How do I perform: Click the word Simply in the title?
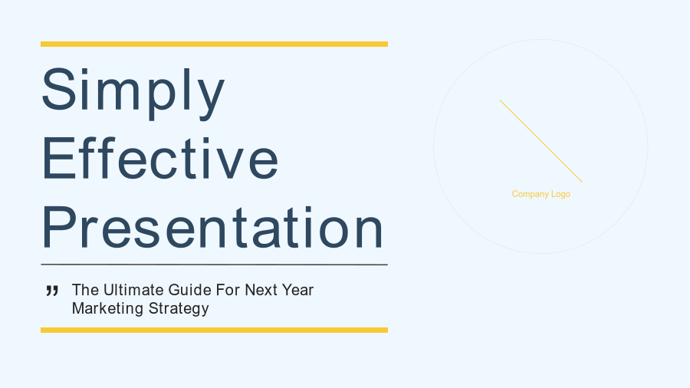133,93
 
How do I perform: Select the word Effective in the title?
159,159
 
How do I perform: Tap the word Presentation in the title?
212,227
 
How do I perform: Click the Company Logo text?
540,194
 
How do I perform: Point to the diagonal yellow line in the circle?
541,141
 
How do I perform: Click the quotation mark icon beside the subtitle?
52,291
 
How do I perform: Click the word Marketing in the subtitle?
108,309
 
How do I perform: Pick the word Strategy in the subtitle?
179,309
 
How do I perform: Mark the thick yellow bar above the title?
215,44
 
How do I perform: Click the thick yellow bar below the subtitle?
215,330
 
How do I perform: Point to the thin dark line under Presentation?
215,265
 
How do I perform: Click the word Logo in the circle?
560,195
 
